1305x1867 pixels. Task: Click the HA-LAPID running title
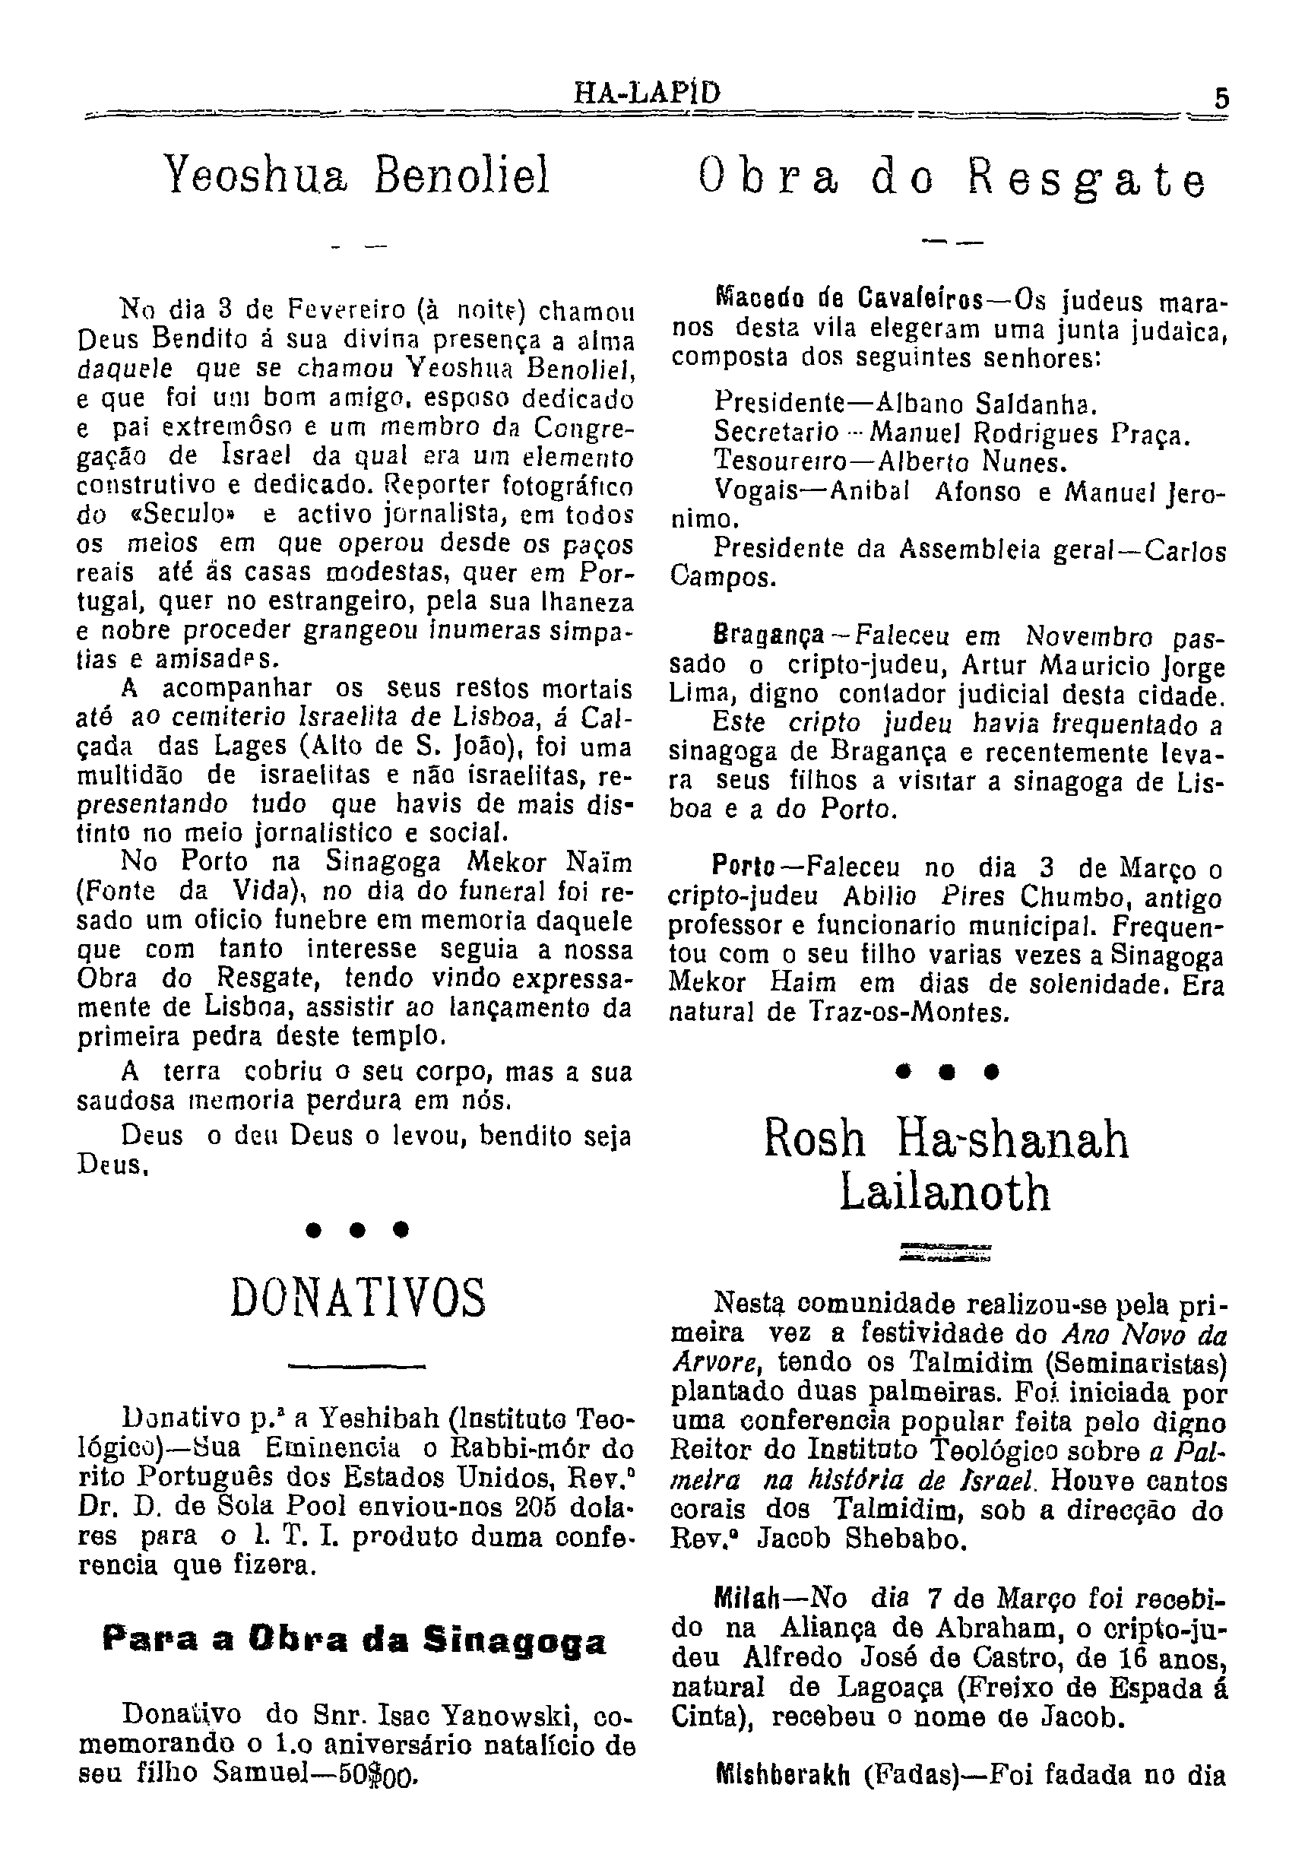click(648, 94)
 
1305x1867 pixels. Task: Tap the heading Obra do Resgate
click(952, 180)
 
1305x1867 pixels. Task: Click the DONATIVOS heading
click(359, 1298)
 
